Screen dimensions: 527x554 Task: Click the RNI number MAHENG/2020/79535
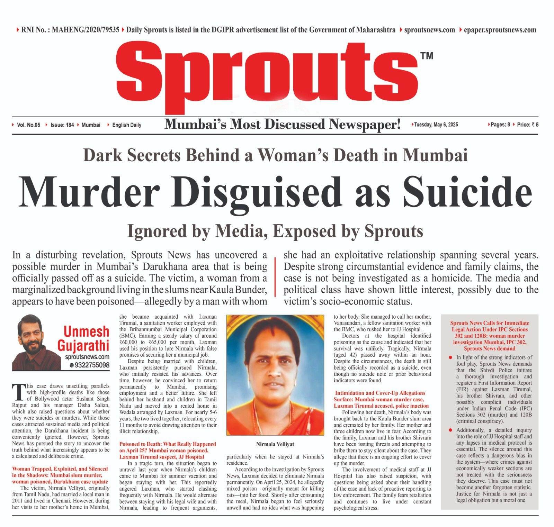pyautogui.click(x=86, y=30)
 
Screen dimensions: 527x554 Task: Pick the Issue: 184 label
pyautogui.click(x=62, y=125)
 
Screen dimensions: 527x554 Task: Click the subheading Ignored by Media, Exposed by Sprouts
pyautogui.click(x=275, y=231)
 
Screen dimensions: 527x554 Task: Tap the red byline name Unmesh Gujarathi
pyautogui.click(x=87, y=339)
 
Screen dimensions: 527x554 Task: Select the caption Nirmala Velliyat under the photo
pyautogui.click(x=275, y=444)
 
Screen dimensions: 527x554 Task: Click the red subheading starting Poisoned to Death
pyautogui.click(x=168, y=450)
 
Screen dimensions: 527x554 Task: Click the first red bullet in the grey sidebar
pyautogui.click(x=450, y=357)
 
